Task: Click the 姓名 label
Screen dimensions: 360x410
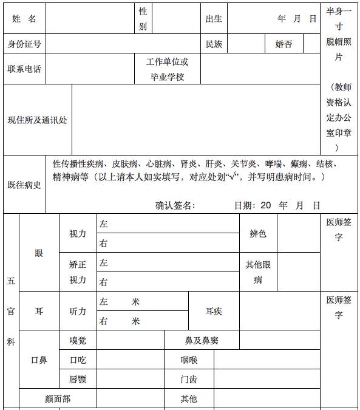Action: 24,19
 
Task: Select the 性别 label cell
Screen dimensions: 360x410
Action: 143,19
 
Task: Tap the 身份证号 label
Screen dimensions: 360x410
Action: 24,44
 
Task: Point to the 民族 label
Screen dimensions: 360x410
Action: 214,44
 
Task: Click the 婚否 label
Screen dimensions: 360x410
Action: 284,44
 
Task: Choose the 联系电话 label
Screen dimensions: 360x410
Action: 24,69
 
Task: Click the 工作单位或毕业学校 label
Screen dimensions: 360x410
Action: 167,69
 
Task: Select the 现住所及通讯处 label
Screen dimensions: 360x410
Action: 37,120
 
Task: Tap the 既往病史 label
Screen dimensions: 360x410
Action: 24,185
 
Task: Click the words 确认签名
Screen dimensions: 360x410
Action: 175,205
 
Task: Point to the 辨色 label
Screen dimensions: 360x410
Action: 258,233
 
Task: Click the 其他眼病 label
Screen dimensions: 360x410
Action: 258,272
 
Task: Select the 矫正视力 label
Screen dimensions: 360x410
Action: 78,272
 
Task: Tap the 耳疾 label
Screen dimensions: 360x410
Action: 214,311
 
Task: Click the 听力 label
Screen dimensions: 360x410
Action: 78,311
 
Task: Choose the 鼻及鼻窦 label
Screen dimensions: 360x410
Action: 201,340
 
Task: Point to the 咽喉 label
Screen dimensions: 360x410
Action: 189,360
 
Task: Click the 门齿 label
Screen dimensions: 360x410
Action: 189,380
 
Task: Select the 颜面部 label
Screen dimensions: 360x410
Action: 58,399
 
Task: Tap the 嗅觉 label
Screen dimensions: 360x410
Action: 78,340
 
